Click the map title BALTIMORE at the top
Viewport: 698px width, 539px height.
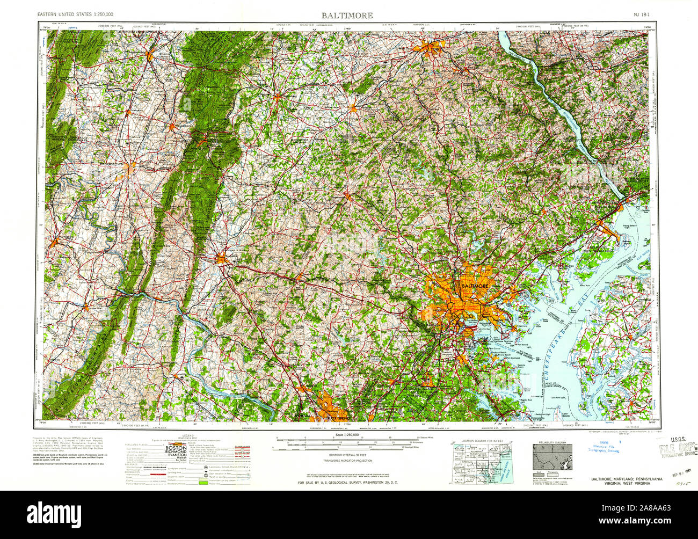347,15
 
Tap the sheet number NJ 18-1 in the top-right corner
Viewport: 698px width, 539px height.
641,15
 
